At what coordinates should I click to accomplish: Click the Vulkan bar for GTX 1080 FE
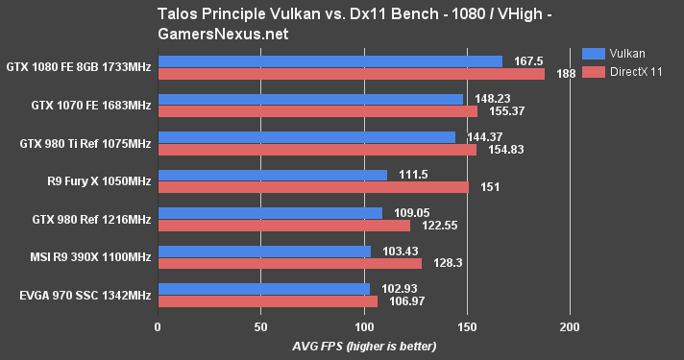[x=330, y=61]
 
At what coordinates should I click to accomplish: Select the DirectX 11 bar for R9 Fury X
[x=313, y=187]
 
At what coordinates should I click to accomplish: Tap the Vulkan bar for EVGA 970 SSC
[x=263, y=288]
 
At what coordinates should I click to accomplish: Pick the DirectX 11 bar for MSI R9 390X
[x=289, y=263]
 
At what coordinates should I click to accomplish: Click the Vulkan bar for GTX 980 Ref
[x=270, y=212]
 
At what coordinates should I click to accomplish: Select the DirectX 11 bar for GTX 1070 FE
[x=317, y=111]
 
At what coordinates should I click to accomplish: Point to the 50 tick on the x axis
[x=260, y=327]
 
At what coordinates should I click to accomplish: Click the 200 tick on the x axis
[x=570, y=327]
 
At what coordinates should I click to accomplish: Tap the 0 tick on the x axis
[x=158, y=327]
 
